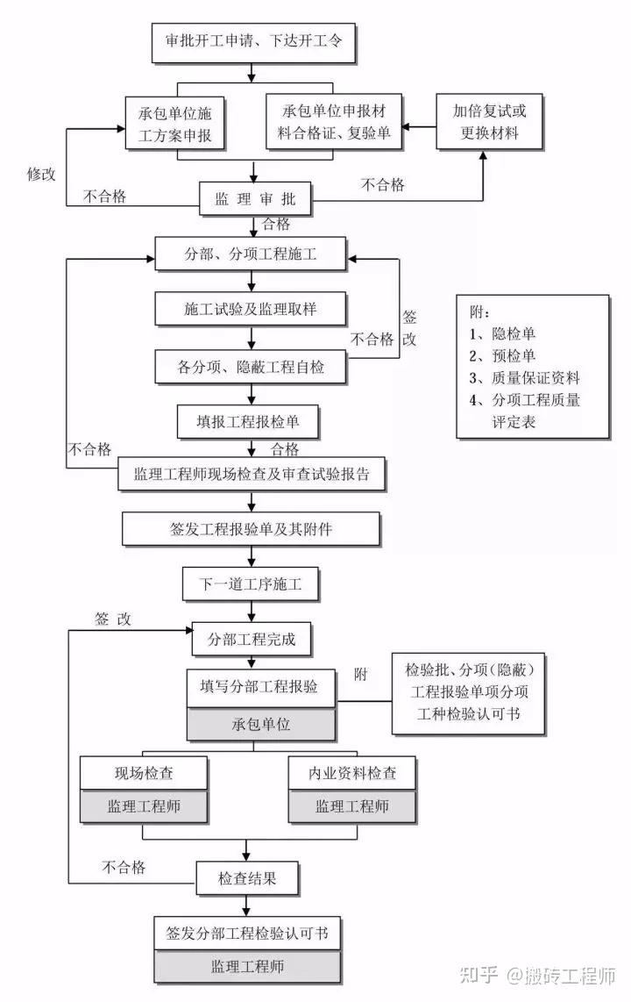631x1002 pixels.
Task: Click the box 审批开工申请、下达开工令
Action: (x=254, y=41)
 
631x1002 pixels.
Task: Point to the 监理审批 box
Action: (x=255, y=199)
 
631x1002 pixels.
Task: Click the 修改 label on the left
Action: (x=41, y=174)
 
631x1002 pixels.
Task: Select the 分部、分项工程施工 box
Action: (x=251, y=255)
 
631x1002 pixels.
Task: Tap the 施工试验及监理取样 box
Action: (x=251, y=310)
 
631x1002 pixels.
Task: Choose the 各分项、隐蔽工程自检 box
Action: (x=251, y=367)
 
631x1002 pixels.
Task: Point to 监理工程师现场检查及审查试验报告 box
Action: (x=252, y=475)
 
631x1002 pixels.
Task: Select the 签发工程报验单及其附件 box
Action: (x=252, y=529)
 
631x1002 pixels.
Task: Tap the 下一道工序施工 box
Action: (x=250, y=583)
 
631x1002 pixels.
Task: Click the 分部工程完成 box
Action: (x=251, y=639)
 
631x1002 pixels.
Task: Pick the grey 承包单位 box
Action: (x=261, y=725)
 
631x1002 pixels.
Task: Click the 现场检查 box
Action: (x=144, y=773)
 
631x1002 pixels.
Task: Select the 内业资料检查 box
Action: (x=351, y=773)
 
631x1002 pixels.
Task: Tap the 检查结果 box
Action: (x=247, y=877)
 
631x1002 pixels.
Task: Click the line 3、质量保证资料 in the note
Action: (x=524, y=378)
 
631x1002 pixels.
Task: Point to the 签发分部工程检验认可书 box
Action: (x=247, y=932)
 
